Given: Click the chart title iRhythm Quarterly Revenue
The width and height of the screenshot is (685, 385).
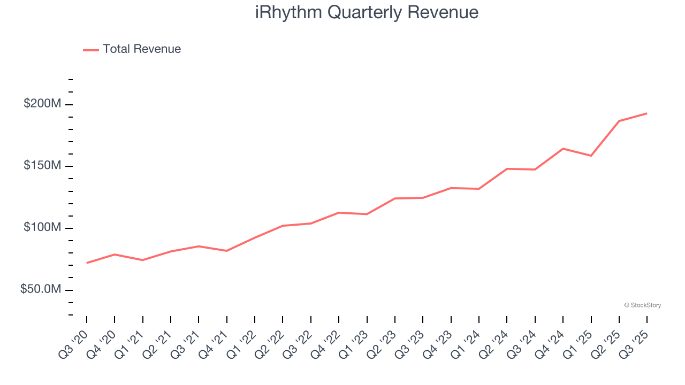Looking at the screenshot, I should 367,12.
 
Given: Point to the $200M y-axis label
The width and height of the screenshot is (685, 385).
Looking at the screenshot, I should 42,104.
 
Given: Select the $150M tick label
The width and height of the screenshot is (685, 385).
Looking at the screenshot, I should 42,166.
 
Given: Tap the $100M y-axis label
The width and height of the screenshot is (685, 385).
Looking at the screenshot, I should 42,228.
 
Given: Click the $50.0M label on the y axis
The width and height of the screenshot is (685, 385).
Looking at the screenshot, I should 40,289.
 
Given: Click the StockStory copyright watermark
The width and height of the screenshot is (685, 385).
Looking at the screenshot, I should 642,305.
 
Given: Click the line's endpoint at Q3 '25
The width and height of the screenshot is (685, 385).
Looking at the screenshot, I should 647,113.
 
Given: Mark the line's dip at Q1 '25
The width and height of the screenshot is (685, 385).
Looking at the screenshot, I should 591,156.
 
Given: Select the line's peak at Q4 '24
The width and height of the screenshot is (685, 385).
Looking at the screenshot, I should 563,149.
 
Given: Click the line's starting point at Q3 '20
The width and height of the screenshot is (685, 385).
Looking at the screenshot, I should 87,263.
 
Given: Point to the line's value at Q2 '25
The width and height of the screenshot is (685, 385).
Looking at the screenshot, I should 619,121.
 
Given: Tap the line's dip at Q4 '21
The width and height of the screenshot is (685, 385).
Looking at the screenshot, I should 227,251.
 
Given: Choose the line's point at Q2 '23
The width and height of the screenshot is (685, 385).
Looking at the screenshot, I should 395,198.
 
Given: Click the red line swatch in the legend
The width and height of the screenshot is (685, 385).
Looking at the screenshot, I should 91,50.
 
